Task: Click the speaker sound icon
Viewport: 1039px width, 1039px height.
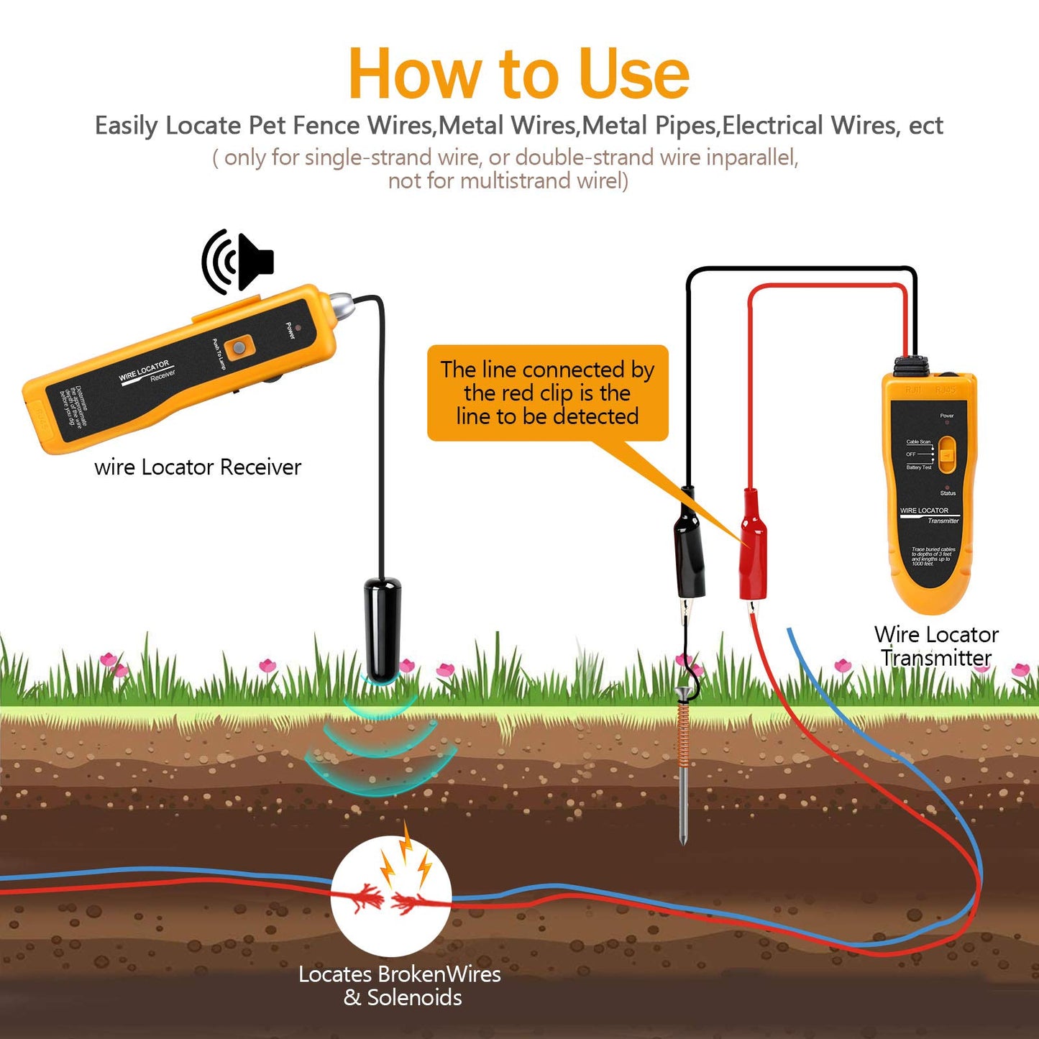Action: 237,262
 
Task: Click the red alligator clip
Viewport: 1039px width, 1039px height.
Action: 753,546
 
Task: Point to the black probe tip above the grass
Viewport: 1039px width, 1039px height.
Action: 383,629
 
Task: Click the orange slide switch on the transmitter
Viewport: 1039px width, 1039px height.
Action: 947,455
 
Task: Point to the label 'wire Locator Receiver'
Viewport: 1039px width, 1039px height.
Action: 198,467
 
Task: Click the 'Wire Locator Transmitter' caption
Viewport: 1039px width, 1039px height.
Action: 936,646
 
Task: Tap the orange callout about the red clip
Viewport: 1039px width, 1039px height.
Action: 547,393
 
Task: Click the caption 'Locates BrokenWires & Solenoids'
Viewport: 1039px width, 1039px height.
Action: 401,986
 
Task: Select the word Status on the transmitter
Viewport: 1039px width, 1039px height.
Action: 948,493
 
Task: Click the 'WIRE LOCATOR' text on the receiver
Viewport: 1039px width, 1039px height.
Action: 144,370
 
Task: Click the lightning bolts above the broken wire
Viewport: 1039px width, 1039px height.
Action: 406,856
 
